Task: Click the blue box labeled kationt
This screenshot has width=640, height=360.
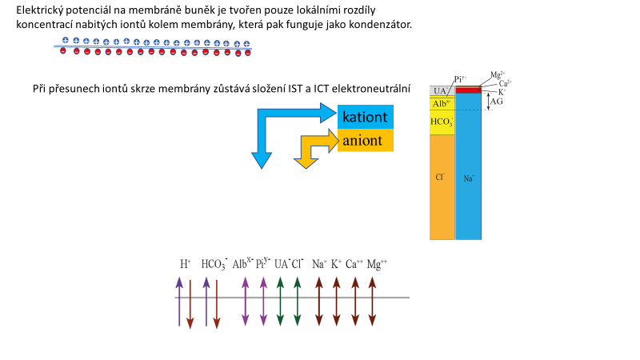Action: click(x=366, y=118)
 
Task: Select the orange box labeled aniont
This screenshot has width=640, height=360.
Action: click(x=366, y=141)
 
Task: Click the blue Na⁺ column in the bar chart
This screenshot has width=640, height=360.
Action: click(x=468, y=176)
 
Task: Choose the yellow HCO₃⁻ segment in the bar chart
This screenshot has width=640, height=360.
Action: click(x=442, y=122)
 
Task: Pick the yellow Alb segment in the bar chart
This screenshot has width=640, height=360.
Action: click(x=442, y=104)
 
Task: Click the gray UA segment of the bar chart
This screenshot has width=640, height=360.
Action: click(x=440, y=92)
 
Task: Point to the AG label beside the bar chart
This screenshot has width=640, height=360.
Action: click(x=497, y=103)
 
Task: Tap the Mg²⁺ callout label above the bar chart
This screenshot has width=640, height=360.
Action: click(x=497, y=74)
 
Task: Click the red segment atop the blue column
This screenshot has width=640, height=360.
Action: click(x=468, y=90)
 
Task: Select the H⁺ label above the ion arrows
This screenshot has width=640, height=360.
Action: click(x=185, y=263)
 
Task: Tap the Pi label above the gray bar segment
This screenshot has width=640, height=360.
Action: click(x=460, y=78)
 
